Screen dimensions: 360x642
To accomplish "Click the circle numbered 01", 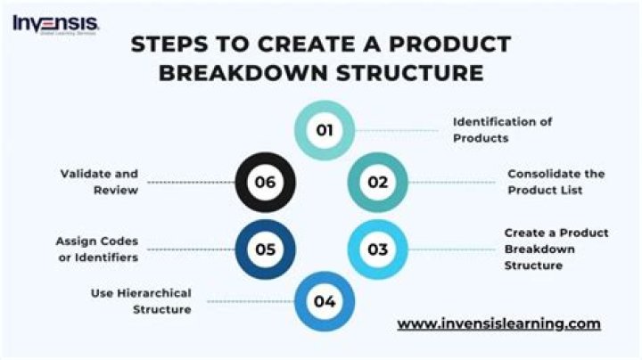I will (x=325, y=130).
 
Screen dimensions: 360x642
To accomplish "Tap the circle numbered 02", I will (x=377, y=183).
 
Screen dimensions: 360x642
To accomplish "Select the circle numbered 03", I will (x=377, y=249).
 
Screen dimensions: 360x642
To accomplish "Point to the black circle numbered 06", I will (x=265, y=183).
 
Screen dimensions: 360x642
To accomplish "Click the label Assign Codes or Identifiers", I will (x=97, y=249).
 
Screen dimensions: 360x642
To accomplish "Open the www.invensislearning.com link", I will (x=498, y=323).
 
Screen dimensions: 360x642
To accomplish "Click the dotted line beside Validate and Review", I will (x=188, y=183).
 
